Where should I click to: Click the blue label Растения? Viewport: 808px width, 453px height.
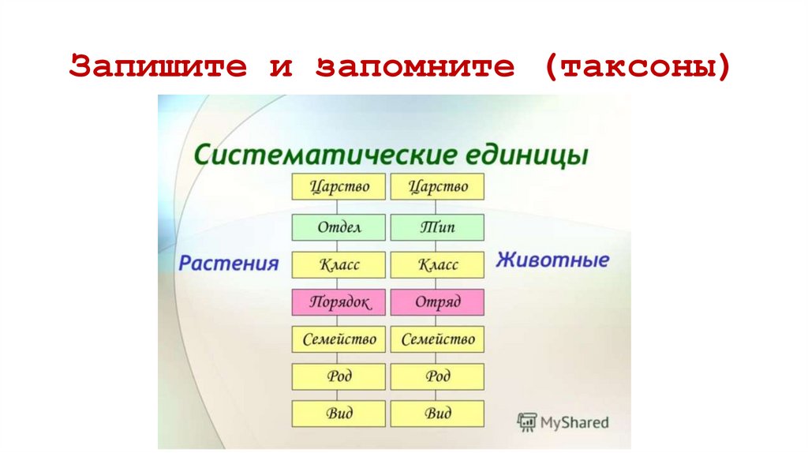tap(229, 263)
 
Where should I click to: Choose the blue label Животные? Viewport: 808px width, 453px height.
tap(552, 260)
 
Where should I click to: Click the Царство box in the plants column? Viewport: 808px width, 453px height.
tap(339, 187)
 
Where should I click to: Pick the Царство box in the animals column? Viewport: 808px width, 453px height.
tap(437, 187)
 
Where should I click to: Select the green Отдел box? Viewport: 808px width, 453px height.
tap(339, 227)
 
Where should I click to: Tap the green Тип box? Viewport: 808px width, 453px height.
tap(437, 227)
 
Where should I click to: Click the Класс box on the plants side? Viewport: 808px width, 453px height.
tap(339, 264)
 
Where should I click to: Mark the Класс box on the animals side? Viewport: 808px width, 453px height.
tap(437, 264)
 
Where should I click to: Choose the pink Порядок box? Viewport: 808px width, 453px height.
tap(339, 302)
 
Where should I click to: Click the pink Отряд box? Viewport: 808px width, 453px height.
tap(437, 302)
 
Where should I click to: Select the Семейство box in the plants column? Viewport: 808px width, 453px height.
tap(339, 339)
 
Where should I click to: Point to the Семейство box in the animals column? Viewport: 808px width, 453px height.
tap(437, 339)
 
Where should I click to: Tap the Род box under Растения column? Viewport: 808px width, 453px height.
tap(339, 376)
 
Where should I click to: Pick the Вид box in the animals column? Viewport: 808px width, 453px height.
tap(437, 414)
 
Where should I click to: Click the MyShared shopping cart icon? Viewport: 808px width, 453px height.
tap(526, 422)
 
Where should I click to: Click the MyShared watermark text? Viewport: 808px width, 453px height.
tap(574, 423)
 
